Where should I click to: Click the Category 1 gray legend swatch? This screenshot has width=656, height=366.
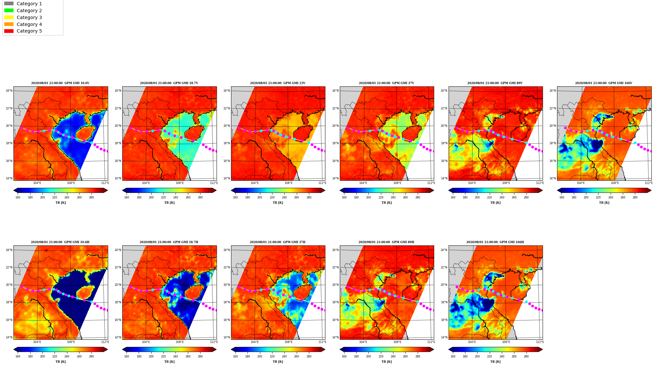pos(9,4)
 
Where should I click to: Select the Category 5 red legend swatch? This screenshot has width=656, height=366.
pos(9,31)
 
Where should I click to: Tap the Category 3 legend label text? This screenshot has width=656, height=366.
pos(29,17)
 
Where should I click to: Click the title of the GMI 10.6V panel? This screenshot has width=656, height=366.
pos(60,83)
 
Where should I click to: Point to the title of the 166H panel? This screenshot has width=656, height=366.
pos(495,242)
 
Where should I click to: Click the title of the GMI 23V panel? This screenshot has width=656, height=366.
pos(278,83)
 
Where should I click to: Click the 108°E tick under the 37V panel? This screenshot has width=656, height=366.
pos(397,183)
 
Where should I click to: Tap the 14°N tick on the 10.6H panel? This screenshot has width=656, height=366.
pos(9,337)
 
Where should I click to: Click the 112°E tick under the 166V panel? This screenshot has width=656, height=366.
pos(648,183)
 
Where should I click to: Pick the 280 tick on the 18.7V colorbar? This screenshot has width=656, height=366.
pos(200,197)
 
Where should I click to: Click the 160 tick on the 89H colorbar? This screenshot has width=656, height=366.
pos(344,356)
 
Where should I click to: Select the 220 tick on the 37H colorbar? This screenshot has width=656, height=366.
pos(272,356)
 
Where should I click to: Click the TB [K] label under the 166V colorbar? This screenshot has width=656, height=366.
pos(604,203)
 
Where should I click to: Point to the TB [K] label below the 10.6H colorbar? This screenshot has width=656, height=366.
pos(60,362)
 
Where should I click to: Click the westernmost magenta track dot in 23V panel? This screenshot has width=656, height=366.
pos(239,128)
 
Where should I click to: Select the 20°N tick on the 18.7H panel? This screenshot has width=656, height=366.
pos(118,285)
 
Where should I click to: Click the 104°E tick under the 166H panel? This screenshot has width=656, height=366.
pos(472,342)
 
